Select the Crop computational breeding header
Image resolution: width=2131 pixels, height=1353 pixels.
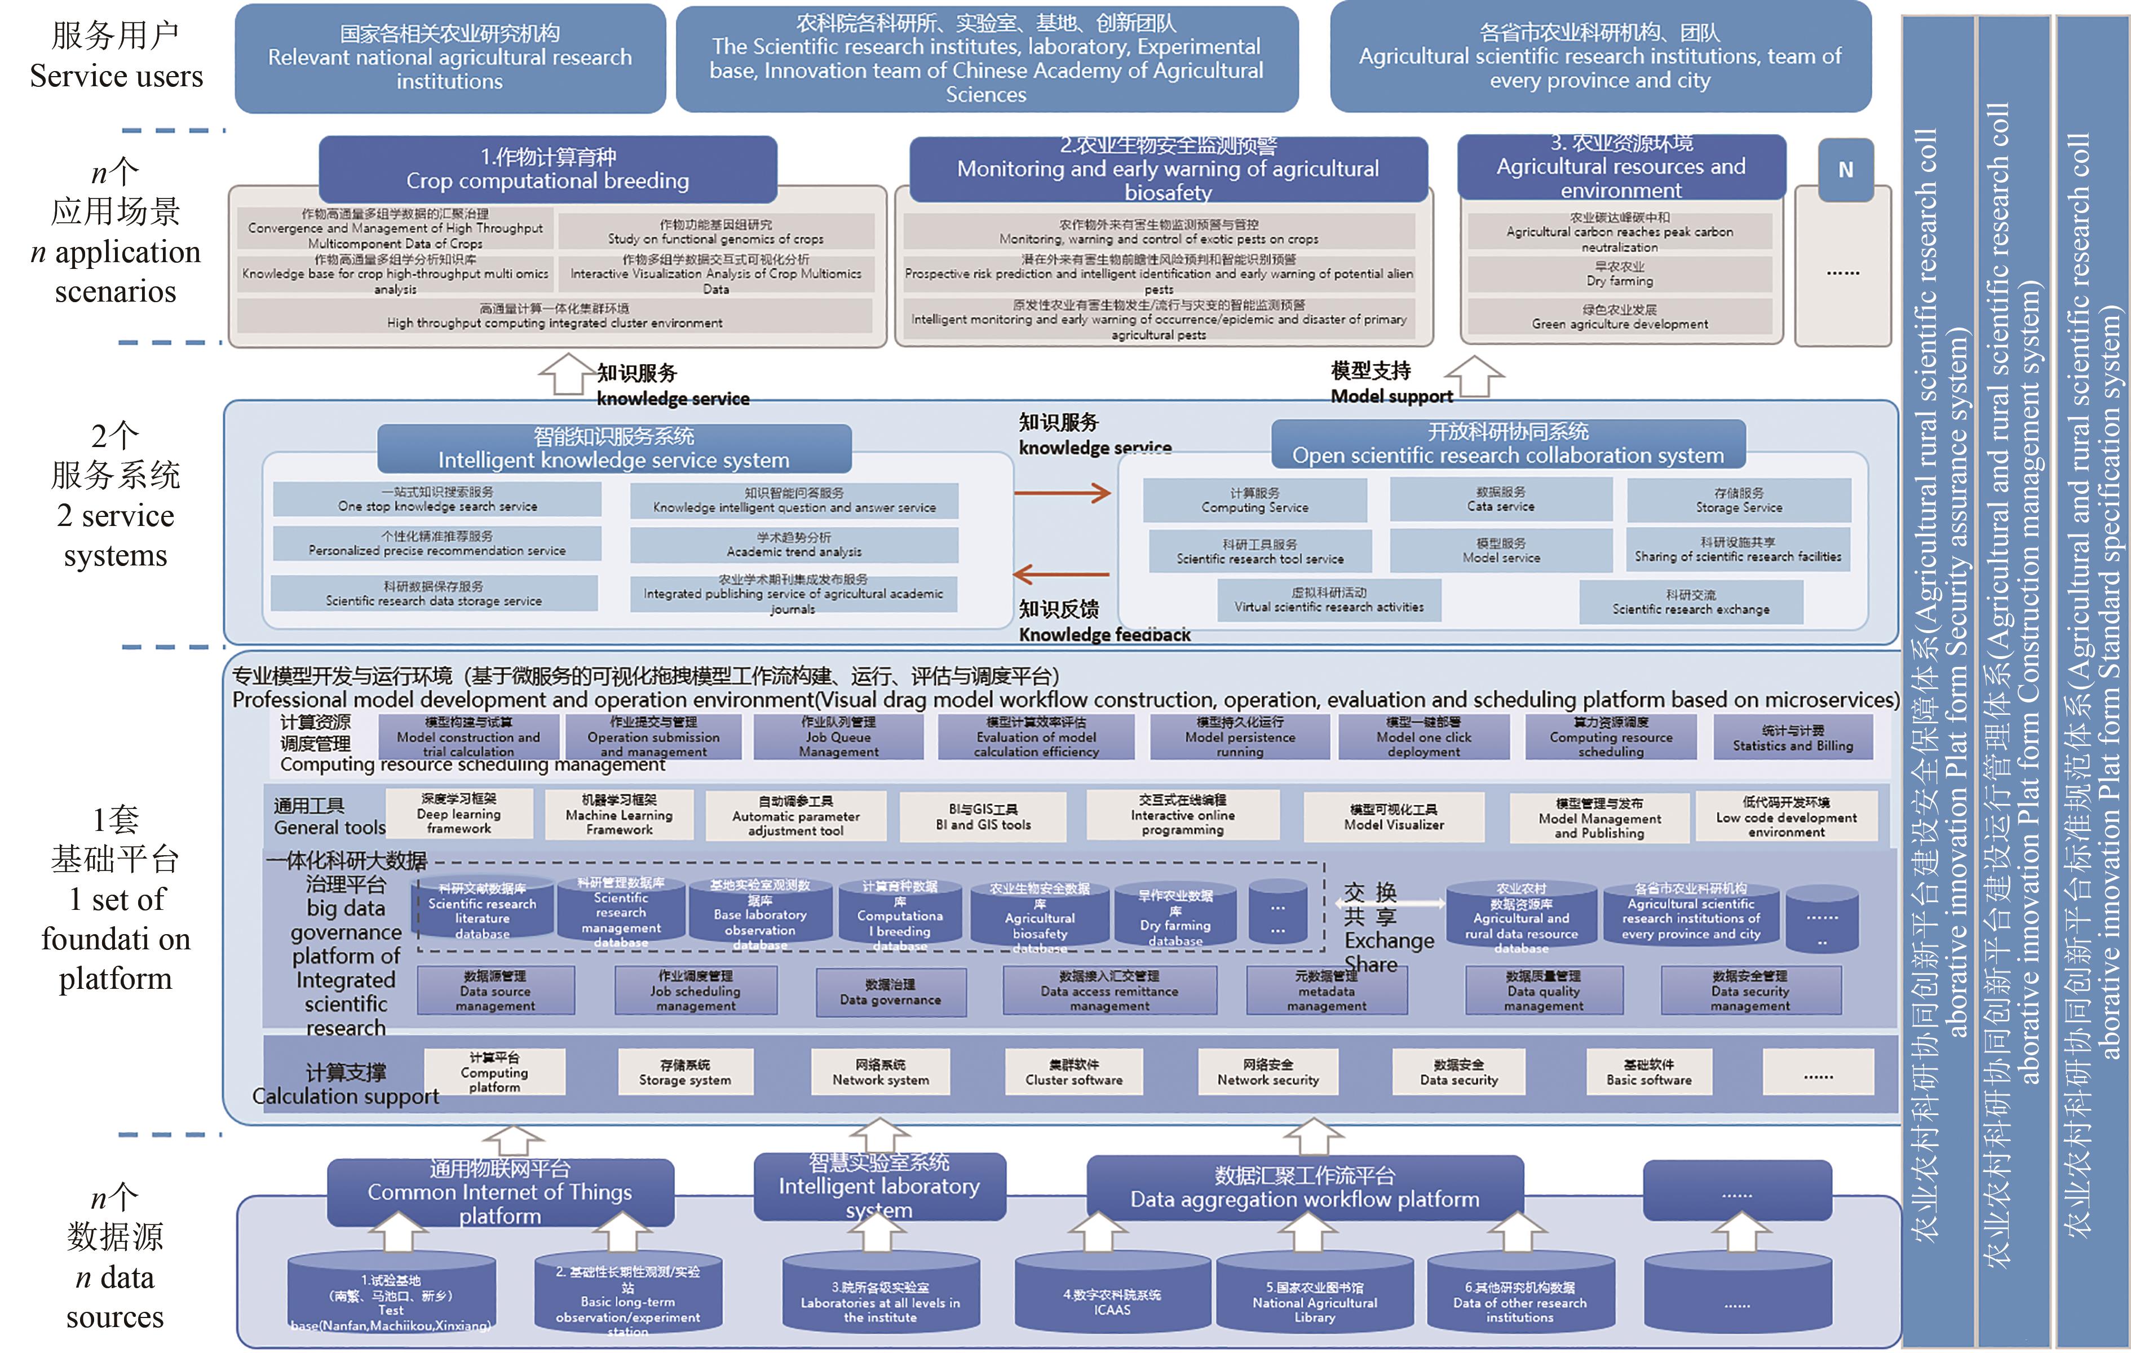548,169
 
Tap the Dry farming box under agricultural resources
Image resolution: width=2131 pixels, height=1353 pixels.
1620,273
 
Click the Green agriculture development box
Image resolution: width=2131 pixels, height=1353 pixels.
1620,317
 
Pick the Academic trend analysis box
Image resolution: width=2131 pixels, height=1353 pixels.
794,544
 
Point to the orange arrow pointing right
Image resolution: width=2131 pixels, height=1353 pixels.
1062,493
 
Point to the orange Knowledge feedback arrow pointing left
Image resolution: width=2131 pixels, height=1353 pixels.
1060,574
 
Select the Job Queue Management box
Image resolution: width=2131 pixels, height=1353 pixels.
838,737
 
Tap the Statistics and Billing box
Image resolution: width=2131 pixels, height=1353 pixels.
1793,738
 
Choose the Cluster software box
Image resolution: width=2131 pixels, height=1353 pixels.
1073,1072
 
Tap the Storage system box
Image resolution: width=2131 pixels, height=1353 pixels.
685,1072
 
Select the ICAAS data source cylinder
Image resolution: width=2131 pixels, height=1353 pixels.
1112,1297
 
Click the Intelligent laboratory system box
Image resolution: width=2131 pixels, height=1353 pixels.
879,1186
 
